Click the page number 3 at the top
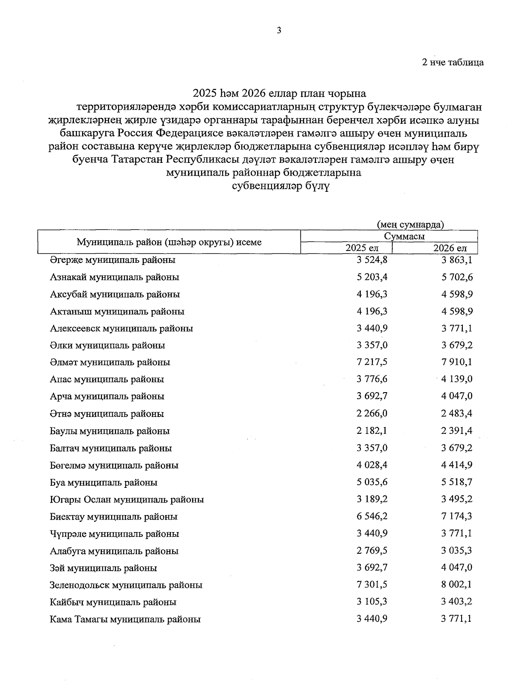(279, 30)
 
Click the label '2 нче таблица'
(452, 63)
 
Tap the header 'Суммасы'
(404, 236)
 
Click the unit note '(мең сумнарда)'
(410, 225)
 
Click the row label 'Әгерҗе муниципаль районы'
(113, 260)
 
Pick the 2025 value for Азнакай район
(372, 277)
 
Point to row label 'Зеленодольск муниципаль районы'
(126, 585)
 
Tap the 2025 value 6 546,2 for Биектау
(372, 516)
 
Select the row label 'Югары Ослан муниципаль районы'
(127, 500)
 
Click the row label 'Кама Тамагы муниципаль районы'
(125, 620)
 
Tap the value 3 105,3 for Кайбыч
(372, 602)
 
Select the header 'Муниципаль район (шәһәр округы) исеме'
(169, 242)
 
